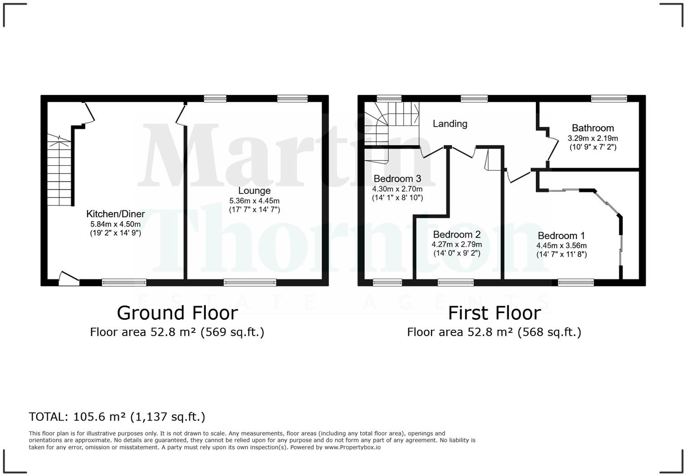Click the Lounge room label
254,191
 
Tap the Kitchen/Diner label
115,214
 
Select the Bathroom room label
593,128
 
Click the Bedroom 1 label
561,236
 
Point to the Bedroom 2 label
456,234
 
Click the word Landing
450,124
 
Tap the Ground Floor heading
177,313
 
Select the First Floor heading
494,313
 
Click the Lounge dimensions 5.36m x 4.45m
254,201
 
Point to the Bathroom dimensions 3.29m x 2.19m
593,138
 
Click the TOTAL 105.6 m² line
117,416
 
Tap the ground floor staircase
59,170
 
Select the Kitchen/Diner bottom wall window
124,283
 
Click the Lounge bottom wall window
250,283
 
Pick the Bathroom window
609,98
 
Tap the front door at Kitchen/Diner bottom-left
69,278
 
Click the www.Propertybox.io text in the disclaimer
353,447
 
